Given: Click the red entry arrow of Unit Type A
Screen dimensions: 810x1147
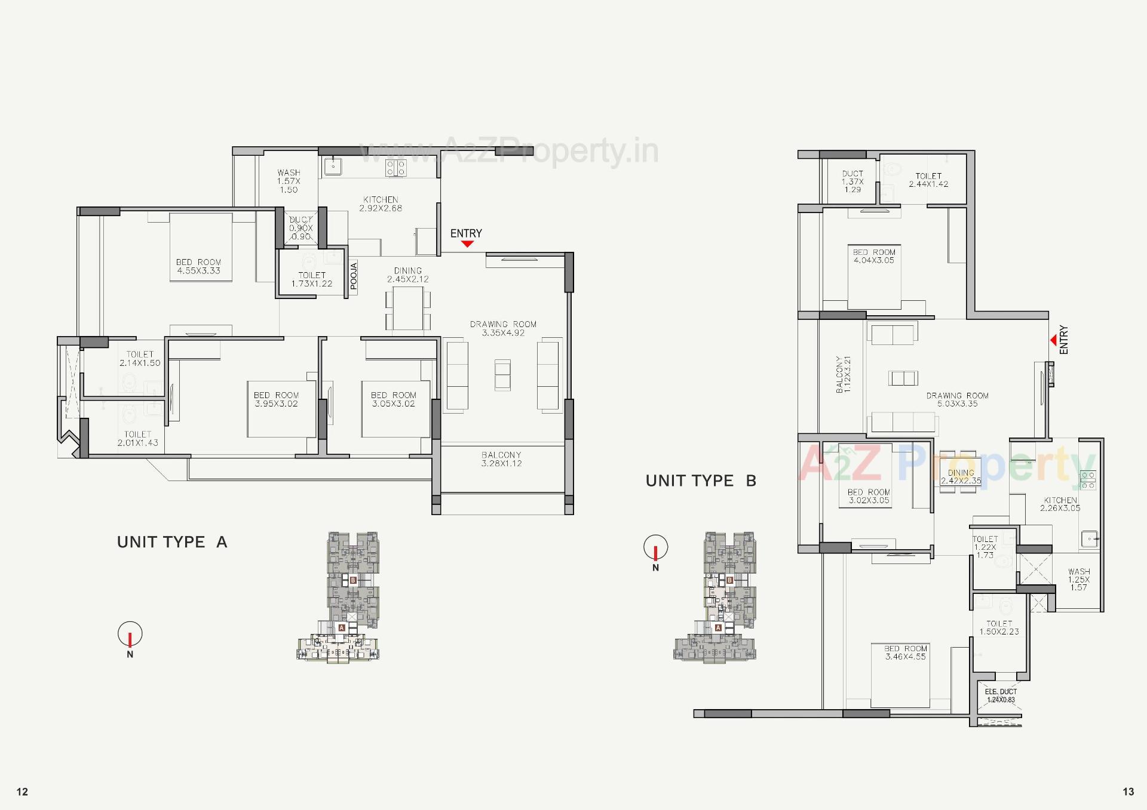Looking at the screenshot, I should [x=467, y=244].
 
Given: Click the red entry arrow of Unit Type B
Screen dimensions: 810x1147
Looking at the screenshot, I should [x=1053, y=340].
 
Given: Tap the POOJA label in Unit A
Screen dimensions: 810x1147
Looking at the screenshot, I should [x=353, y=276].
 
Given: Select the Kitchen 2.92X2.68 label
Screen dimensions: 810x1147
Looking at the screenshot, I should [x=381, y=204].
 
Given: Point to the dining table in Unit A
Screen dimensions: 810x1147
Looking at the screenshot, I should [x=408, y=309].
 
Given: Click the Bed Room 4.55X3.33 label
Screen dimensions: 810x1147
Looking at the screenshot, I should [x=198, y=267].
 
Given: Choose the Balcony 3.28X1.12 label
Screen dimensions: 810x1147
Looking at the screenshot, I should [x=501, y=459].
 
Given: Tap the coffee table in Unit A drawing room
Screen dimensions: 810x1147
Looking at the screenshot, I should [x=502, y=375].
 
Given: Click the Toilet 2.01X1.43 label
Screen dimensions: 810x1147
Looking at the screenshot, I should [x=137, y=439].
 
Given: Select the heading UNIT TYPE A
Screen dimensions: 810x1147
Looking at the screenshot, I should [x=172, y=542].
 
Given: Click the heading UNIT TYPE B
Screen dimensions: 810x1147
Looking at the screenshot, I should [x=701, y=481].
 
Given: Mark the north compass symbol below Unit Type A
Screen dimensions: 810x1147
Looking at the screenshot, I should [x=130, y=635].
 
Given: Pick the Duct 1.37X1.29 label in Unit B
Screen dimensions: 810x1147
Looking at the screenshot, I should [x=852, y=181].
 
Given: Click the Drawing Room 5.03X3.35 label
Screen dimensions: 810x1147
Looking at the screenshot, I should [x=957, y=400].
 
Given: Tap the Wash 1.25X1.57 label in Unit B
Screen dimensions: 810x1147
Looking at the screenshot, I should [x=1079, y=580].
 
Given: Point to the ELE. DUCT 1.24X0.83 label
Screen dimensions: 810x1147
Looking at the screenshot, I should [x=1001, y=696].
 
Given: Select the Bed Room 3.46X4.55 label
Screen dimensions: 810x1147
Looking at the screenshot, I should [x=906, y=652].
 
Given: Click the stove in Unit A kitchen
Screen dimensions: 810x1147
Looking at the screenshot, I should [x=395, y=168].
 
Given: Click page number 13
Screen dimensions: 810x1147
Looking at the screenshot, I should [x=1128, y=791].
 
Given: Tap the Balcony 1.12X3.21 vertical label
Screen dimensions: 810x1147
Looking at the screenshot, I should [x=843, y=374].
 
